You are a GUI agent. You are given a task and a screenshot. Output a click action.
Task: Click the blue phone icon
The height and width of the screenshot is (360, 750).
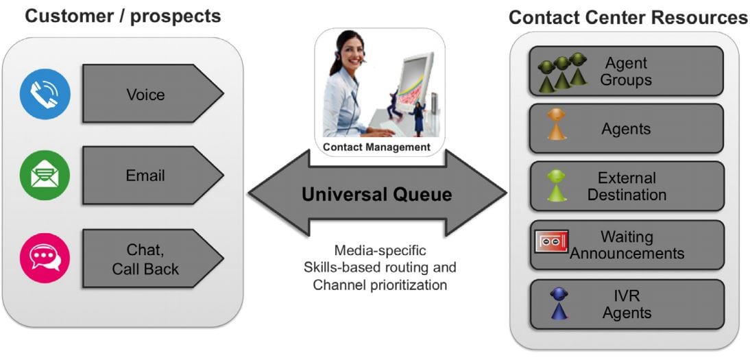click(45, 95)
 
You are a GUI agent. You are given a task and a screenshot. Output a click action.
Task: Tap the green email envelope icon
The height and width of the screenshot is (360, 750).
click(45, 176)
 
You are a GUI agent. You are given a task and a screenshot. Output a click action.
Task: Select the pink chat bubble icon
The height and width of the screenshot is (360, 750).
click(45, 258)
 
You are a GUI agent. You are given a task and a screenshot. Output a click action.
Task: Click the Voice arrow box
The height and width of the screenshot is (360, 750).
click(153, 94)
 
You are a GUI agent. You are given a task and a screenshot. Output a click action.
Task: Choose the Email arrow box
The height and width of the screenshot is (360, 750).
click(153, 176)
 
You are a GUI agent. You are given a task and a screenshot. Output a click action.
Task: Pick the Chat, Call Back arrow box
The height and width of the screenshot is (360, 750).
click(153, 259)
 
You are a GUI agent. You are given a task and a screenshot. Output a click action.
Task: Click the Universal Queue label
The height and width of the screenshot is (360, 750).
click(377, 194)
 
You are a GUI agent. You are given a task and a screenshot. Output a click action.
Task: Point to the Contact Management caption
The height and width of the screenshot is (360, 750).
click(377, 147)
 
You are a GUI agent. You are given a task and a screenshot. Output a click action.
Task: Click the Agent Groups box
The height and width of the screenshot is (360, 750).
click(627, 71)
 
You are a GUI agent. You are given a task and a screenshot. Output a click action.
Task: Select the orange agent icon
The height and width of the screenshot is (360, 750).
click(557, 125)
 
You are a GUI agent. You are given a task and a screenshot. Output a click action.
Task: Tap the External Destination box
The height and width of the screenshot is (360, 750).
click(627, 187)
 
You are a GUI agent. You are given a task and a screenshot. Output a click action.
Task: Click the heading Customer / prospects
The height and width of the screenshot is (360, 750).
click(123, 16)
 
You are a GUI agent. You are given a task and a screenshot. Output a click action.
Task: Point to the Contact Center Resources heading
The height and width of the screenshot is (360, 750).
click(628, 17)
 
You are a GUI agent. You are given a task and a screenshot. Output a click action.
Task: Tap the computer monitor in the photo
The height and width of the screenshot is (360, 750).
click(415, 82)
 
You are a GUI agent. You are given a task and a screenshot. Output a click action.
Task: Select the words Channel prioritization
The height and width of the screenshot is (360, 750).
click(380, 285)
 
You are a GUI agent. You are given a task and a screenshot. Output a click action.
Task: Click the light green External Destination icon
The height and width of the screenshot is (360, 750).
click(557, 185)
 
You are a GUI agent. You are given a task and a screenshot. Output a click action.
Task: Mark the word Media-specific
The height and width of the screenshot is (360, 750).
click(380, 250)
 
